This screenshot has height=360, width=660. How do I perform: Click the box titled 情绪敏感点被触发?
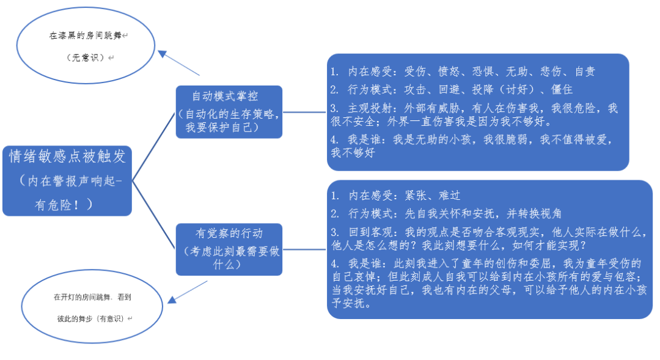(x=67, y=180)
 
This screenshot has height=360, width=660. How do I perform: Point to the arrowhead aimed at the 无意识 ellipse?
(x=163, y=54)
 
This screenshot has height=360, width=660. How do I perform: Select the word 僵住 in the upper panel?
(x=562, y=90)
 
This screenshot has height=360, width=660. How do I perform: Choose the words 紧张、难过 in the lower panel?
(x=432, y=196)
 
